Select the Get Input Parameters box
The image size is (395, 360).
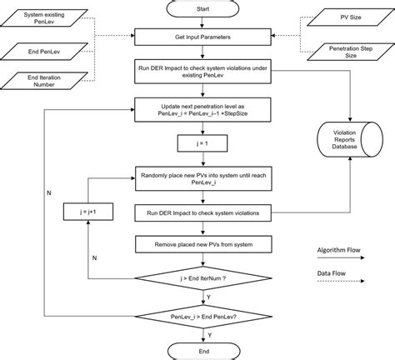point(198,38)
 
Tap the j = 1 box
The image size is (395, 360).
point(198,146)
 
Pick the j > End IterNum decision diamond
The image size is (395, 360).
point(198,279)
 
